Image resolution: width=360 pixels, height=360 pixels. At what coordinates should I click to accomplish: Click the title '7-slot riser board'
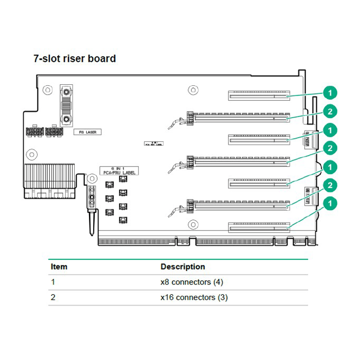click(x=75, y=59)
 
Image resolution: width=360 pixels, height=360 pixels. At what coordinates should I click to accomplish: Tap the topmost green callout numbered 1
click(x=330, y=93)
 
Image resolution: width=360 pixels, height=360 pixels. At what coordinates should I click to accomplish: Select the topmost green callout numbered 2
click(x=330, y=112)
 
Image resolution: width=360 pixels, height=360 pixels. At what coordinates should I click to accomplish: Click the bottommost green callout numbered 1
click(x=330, y=204)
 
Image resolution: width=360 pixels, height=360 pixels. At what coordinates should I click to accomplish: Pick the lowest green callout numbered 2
click(x=330, y=185)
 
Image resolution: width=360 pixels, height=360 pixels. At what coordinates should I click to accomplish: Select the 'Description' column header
click(x=183, y=267)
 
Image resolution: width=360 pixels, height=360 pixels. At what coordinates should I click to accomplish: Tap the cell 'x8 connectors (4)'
click(x=192, y=282)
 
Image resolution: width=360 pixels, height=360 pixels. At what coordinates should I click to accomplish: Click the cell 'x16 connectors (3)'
click(x=194, y=297)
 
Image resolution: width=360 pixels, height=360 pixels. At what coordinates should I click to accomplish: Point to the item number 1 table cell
click(x=53, y=282)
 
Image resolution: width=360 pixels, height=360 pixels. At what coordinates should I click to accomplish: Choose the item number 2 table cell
click(x=53, y=297)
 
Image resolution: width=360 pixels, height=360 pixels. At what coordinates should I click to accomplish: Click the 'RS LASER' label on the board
click(x=87, y=132)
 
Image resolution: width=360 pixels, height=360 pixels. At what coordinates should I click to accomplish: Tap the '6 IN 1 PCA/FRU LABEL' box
click(x=118, y=171)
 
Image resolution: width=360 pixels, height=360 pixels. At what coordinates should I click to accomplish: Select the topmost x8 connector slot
click(x=257, y=96)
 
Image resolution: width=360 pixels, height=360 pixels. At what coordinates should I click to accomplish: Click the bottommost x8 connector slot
click(x=257, y=227)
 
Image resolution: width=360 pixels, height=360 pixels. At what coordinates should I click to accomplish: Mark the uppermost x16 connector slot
click(x=239, y=118)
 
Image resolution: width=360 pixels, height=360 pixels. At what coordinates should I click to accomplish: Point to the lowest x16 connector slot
click(x=239, y=206)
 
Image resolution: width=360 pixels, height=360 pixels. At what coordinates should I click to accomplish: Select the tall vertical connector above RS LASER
click(x=66, y=105)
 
